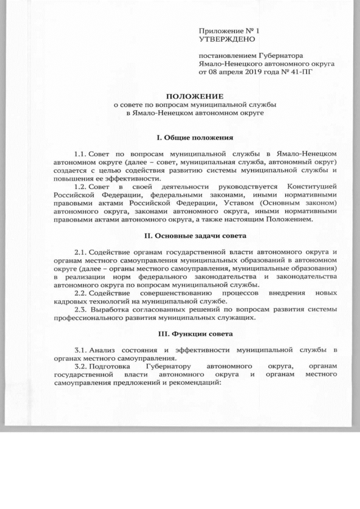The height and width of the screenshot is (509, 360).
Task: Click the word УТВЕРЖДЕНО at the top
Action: pos(227,39)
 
